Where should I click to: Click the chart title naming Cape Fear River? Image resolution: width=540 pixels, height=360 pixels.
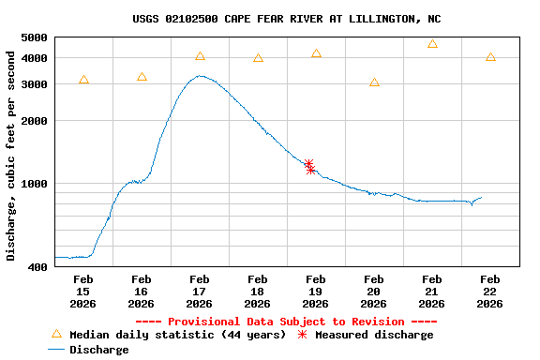(x=287, y=19)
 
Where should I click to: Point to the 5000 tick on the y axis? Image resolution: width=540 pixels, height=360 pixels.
(x=35, y=37)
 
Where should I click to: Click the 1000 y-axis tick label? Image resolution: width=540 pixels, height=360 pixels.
(x=35, y=184)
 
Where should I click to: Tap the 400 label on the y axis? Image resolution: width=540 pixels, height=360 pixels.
(x=38, y=267)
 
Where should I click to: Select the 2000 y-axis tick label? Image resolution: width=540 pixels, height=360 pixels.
(x=35, y=121)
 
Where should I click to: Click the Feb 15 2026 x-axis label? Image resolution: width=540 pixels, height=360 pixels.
(x=82, y=291)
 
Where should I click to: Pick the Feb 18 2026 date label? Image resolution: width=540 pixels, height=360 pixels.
(x=257, y=291)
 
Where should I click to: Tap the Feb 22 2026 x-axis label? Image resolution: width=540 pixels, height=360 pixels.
(x=489, y=291)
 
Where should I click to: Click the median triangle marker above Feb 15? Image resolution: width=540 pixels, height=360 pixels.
(x=83, y=81)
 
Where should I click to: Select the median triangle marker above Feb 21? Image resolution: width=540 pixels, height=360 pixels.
(x=432, y=44)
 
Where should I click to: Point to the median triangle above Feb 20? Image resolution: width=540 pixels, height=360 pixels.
(x=374, y=82)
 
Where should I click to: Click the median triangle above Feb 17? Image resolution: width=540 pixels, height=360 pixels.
(x=200, y=56)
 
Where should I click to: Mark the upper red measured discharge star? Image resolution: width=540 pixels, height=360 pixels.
(x=308, y=164)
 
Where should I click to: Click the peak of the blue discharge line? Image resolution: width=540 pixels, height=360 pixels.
(x=199, y=76)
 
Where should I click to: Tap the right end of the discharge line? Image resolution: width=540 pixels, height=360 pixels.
(x=482, y=197)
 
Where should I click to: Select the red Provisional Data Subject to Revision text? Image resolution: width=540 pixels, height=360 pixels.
(x=287, y=322)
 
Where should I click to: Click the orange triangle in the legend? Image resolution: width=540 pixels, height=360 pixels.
(x=56, y=334)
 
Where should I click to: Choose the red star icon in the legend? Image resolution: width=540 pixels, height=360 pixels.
(x=302, y=335)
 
